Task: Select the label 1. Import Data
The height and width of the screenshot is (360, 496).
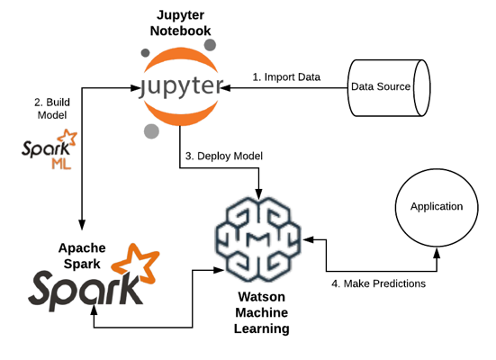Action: [285, 76]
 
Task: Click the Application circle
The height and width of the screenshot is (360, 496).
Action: [436, 207]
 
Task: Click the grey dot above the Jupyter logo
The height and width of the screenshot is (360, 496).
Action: [209, 45]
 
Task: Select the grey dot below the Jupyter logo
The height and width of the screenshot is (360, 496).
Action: [149, 133]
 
